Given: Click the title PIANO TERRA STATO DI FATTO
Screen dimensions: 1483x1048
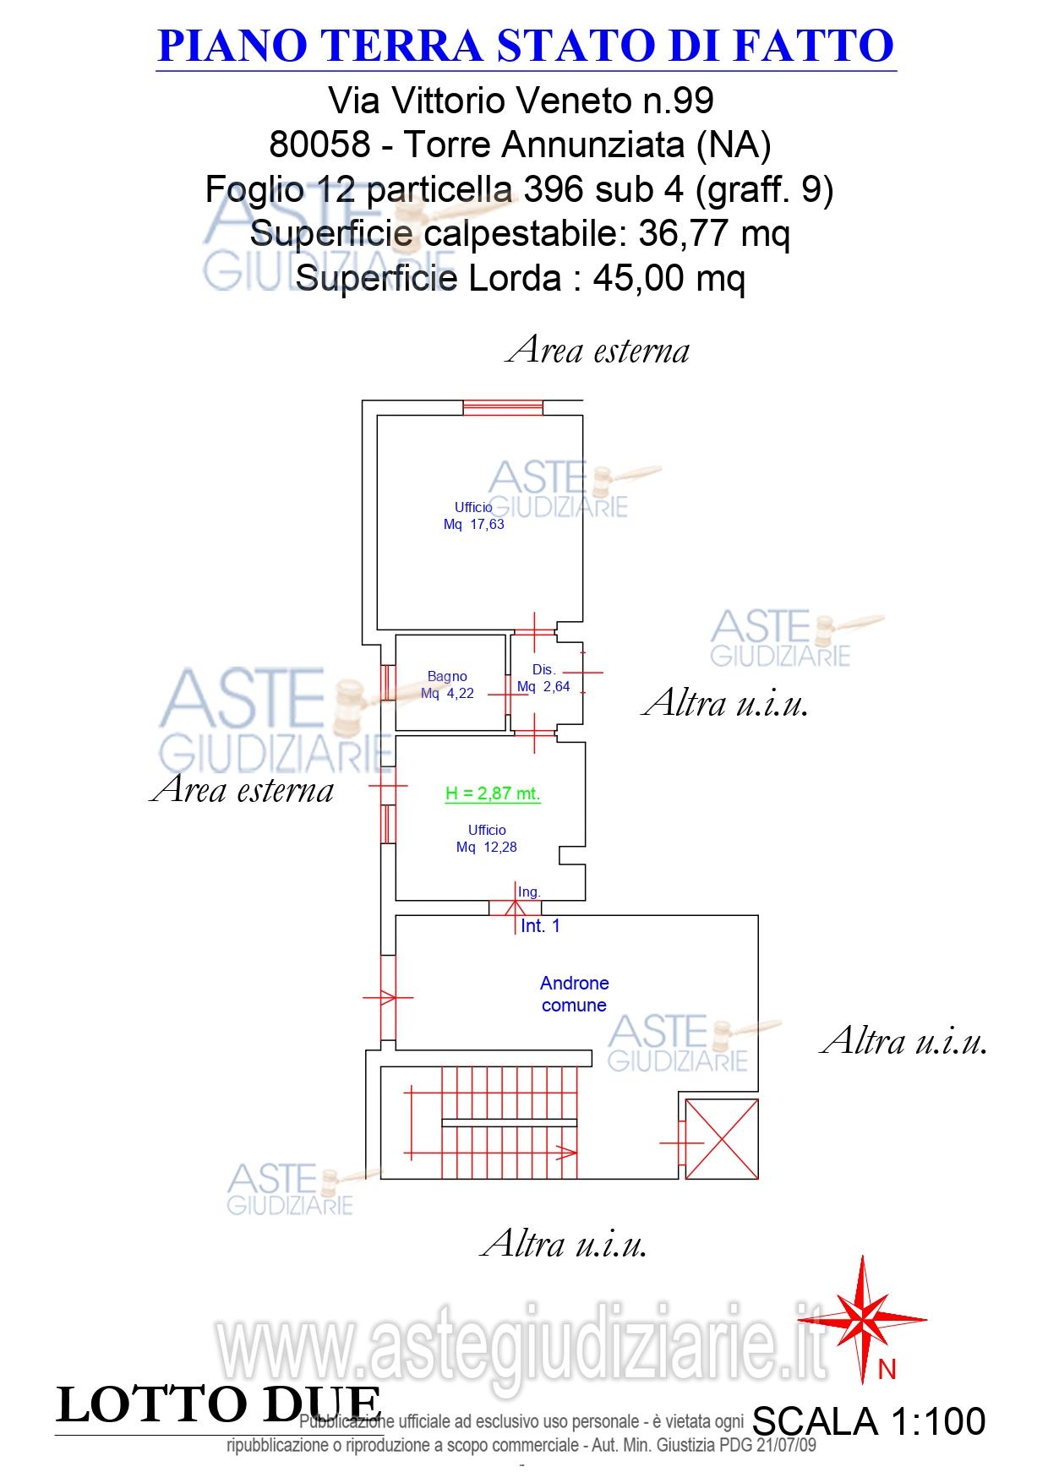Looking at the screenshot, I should point(526,46).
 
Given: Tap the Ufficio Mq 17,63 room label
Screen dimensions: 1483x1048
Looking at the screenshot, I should point(473,515).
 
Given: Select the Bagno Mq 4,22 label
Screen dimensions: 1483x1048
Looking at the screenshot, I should point(447,684).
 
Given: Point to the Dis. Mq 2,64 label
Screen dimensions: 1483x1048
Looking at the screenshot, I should point(543,679).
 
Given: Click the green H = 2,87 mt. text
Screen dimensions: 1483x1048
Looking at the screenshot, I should point(493,793).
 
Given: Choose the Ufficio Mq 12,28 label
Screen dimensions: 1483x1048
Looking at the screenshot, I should point(487,838).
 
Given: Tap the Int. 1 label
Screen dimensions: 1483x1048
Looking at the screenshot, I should point(540,926).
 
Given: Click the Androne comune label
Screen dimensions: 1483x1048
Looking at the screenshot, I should point(574,994).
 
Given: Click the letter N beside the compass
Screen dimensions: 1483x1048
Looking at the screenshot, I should point(887,1370).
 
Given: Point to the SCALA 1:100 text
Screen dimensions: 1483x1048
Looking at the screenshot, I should point(868,1421).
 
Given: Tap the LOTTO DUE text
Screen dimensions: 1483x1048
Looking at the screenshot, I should point(218,1404).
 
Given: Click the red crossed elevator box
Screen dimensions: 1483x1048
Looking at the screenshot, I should point(721,1138).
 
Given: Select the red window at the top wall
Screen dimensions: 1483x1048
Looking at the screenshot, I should point(504,407).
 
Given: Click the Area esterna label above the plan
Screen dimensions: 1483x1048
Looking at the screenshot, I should point(598,350).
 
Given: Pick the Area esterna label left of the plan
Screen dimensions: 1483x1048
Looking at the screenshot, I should point(242,789).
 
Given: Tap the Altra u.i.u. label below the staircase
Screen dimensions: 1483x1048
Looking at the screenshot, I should point(564,1244).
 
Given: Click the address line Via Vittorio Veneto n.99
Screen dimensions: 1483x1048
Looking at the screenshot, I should point(521,101).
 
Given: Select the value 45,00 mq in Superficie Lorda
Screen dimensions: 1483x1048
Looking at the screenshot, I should point(669,278).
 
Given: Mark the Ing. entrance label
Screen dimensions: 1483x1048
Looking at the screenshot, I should point(529,891).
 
